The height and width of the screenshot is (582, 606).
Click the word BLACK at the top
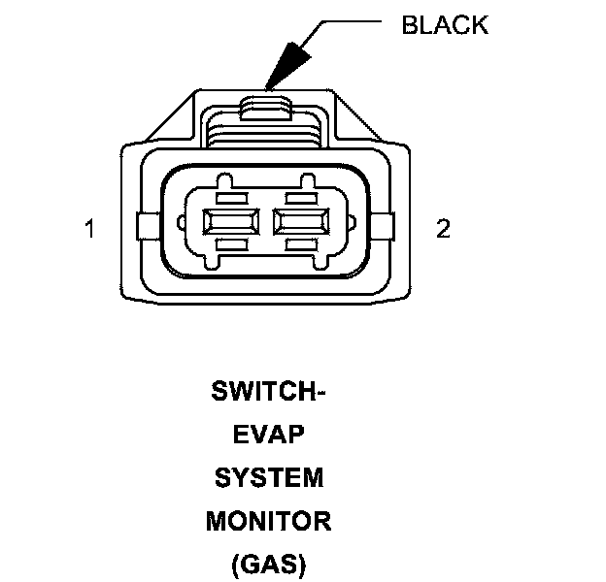[x=444, y=25]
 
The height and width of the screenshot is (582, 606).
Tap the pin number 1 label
[x=90, y=230]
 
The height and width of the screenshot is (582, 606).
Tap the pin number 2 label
[x=444, y=230]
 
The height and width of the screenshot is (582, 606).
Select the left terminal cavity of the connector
[x=228, y=222]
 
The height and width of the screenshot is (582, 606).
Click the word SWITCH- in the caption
[x=268, y=394]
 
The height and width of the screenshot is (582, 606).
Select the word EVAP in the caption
[x=268, y=436]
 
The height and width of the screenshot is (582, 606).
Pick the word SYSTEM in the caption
[x=268, y=478]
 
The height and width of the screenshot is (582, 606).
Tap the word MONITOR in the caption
[x=268, y=521]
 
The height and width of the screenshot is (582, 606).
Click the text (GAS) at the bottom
[x=268, y=564]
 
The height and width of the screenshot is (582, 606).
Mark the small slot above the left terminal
[x=228, y=197]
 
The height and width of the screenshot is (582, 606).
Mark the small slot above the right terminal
[x=303, y=197]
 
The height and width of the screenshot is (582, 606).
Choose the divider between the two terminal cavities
[x=266, y=222]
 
